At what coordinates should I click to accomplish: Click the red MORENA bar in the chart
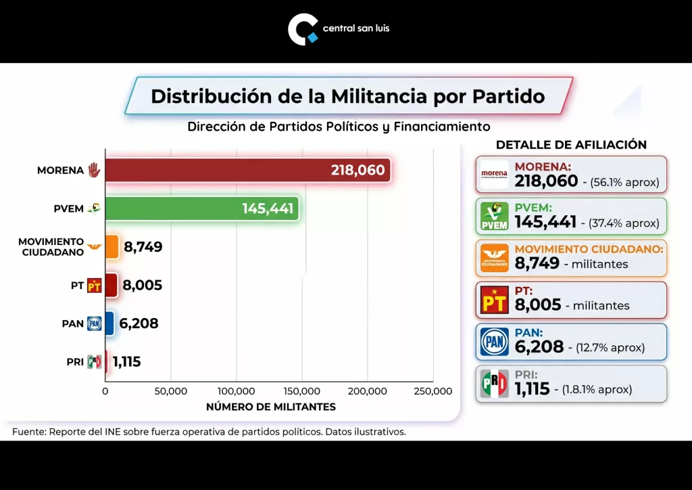pyautogui.click(x=247, y=170)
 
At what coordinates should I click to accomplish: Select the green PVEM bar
pyautogui.click(x=201, y=208)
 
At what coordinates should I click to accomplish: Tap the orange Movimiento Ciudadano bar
pyautogui.click(x=112, y=246)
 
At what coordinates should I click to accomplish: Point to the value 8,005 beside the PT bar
pyautogui.click(x=143, y=286)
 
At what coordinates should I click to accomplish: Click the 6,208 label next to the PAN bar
pyautogui.click(x=139, y=324)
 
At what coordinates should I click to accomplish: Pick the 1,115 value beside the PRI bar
pyautogui.click(x=126, y=361)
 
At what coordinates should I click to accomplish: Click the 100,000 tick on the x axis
pyautogui.click(x=237, y=391)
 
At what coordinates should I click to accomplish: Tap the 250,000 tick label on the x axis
pyautogui.click(x=432, y=391)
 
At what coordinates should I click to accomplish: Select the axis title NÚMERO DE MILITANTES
pyautogui.click(x=270, y=407)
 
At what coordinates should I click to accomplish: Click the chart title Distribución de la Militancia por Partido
pyautogui.click(x=347, y=96)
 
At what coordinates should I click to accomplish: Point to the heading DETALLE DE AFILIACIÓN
pyautogui.click(x=571, y=145)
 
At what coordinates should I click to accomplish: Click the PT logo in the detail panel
pyautogui.click(x=494, y=300)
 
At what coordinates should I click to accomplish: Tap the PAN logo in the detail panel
pyautogui.click(x=494, y=342)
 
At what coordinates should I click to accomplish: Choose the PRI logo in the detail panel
pyautogui.click(x=494, y=384)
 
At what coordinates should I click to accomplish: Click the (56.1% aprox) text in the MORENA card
pyautogui.click(x=624, y=183)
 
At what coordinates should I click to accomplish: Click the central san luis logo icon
pyautogui.click(x=302, y=30)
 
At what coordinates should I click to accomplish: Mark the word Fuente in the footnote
pyautogui.click(x=28, y=431)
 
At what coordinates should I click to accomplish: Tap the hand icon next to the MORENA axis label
pyautogui.click(x=94, y=170)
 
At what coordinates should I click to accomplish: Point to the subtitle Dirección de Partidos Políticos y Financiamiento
pyautogui.click(x=339, y=127)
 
